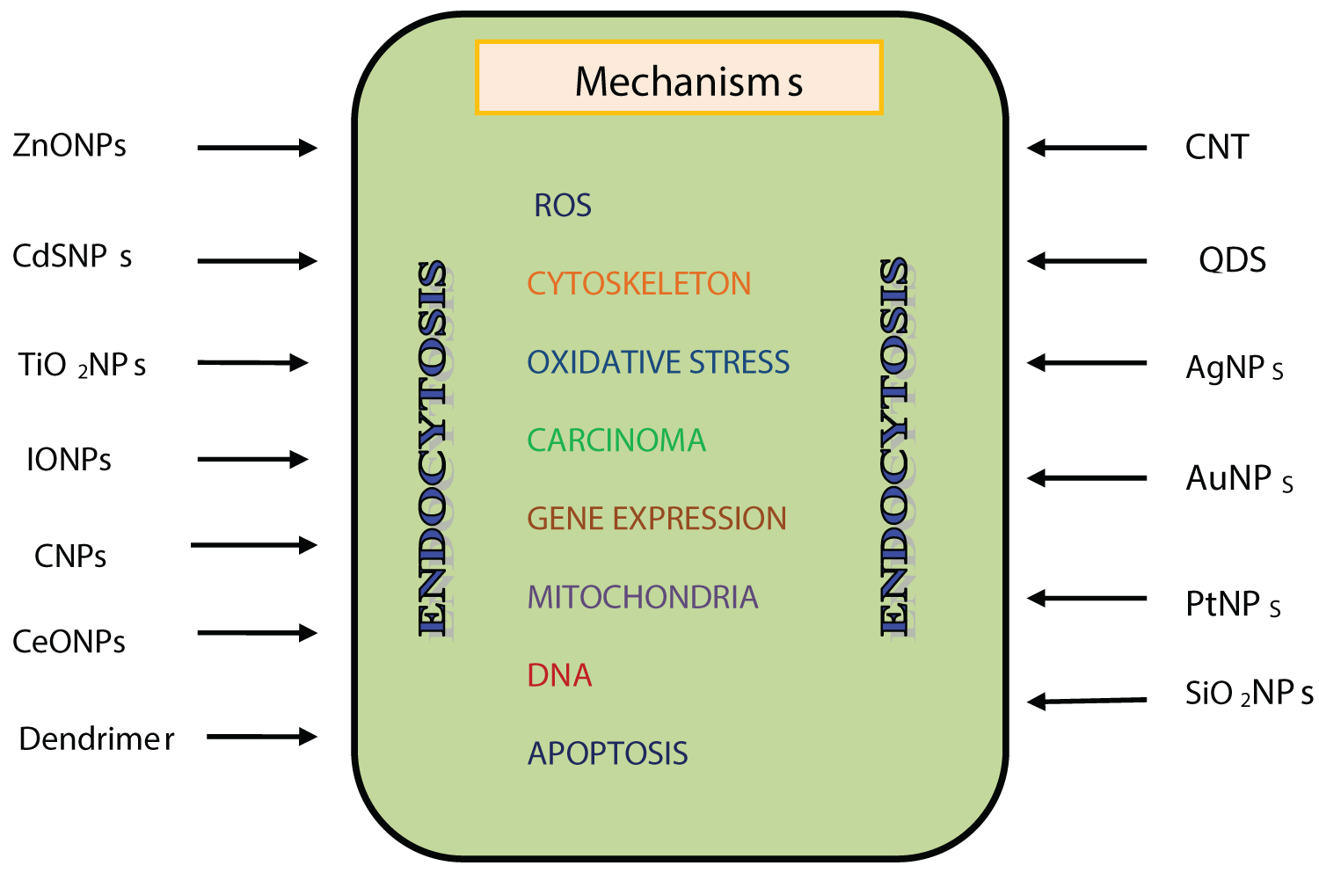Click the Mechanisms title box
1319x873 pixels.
point(678,78)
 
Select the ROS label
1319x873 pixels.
point(563,206)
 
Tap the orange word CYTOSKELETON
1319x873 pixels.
point(639,284)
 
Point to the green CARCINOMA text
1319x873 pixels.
point(616,440)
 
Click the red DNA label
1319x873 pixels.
point(559,675)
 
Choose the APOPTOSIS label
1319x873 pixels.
point(608,753)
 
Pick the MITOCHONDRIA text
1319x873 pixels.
point(642,598)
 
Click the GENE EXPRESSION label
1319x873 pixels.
point(657,519)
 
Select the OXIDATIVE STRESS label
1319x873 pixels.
point(658,362)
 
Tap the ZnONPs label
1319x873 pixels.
point(69,145)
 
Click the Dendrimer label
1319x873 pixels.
point(96,739)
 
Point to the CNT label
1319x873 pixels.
point(1216,148)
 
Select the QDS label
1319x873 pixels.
point(1232,260)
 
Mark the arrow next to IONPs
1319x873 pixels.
point(252,459)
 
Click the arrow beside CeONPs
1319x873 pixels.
point(257,633)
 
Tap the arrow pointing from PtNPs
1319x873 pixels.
point(1087,599)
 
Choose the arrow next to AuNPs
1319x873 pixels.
point(1087,478)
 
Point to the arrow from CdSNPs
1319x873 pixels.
point(257,261)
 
